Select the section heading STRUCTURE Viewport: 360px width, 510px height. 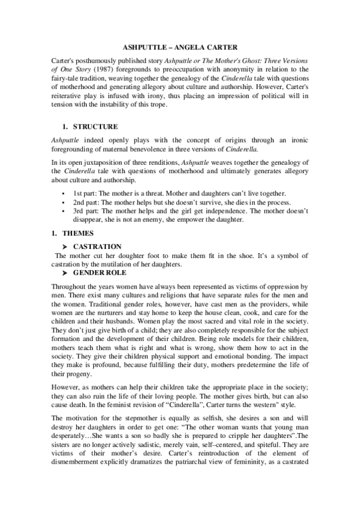pos(95,127)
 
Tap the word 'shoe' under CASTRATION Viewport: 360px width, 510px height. pos(236,256)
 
